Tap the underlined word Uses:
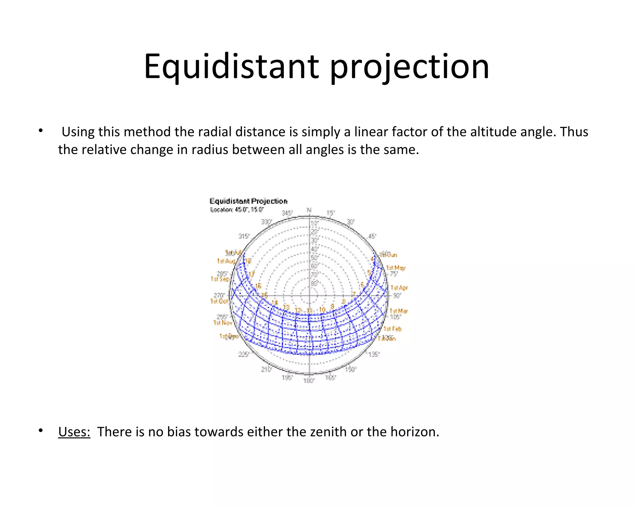click(x=74, y=431)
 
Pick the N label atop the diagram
click(x=309, y=210)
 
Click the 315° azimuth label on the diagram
click(x=244, y=236)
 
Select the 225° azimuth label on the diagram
click(x=243, y=354)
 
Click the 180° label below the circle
click(x=309, y=381)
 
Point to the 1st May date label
click(x=395, y=268)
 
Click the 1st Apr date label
click(x=399, y=288)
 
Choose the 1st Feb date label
click(x=392, y=329)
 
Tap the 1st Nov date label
click(x=222, y=323)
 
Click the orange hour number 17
click(x=251, y=274)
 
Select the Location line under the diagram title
click(x=237, y=210)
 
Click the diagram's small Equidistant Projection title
click(x=248, y=201)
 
